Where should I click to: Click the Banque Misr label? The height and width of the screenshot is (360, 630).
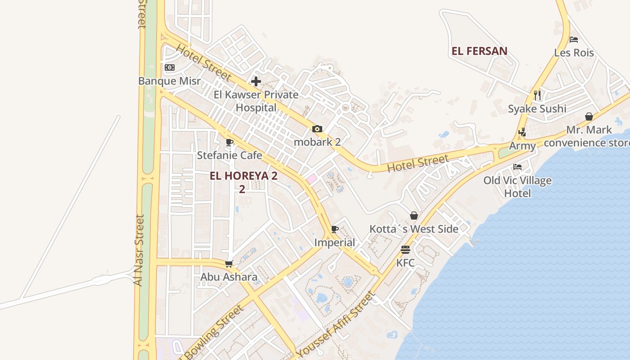click(169, 81)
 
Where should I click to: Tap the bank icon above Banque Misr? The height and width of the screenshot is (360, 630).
click(170, 67)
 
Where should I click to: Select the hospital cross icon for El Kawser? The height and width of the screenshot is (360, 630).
click(256, 81)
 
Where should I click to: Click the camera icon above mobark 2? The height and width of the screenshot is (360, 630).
click(317, 129)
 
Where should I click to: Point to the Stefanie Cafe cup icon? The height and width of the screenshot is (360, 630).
click(229, 143)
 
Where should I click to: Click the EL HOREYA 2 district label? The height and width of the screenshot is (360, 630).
click(243, 176)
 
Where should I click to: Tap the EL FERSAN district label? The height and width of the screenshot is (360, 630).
click(479, 51)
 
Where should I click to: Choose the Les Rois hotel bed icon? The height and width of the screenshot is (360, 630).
click(574, 40)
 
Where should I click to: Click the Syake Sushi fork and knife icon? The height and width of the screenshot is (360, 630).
click(537, 95)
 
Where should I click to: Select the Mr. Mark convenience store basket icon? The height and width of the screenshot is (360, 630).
click(589, 117)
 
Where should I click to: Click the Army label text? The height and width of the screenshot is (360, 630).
click(522, 146)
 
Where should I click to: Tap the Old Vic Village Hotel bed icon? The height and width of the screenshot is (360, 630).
click(517, 167)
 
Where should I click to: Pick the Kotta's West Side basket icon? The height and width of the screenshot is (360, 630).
click(414, 216)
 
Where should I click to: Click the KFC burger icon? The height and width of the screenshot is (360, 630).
click(405, 250)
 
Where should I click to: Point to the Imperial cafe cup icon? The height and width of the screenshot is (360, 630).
click(335, 229)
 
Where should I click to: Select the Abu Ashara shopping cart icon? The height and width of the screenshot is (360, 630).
click(229, 264)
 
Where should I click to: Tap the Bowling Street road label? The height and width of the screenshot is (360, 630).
click(214, 333)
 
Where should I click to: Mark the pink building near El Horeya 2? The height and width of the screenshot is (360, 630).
click(311, 179)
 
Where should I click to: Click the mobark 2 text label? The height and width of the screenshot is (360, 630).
click(317, 142)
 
